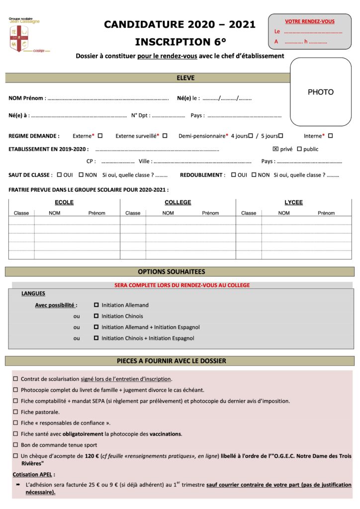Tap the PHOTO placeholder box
(x=320, y=92)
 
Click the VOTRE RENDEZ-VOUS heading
(x=309, y=21)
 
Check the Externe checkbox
(x=100, y=135)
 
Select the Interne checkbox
(x=330, y=135)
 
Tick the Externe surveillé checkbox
(x=165, y=135)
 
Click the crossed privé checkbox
(x=275, y=149)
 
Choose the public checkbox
(x=299, y=149)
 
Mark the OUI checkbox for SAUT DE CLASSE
(x=59, y=175)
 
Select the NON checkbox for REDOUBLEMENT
(x=254, y=175)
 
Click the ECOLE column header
(x=64, y=202)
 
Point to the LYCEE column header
(x=293, y=202)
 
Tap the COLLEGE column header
(x=178, y=202)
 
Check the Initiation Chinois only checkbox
(x=96, y=316)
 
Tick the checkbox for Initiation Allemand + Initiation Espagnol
(x=96, y=327)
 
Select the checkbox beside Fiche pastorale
(x=16, y=412)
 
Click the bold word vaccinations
(x=166, y=434)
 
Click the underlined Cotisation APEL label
(x=34, y=474)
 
